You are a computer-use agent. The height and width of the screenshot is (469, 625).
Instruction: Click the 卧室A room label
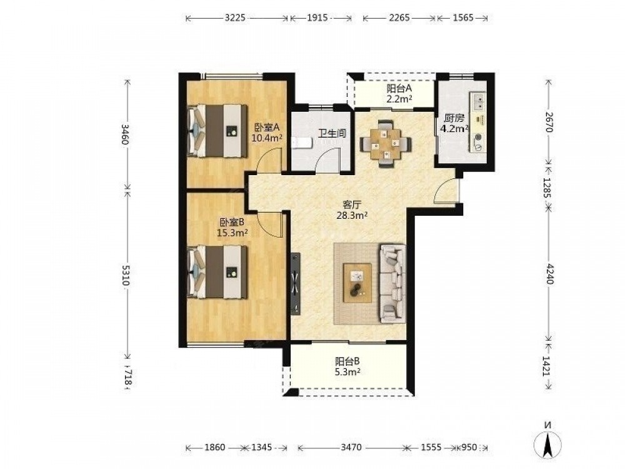[x=267, y=128]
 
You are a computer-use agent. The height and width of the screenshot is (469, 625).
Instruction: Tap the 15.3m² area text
[x=232, y=233]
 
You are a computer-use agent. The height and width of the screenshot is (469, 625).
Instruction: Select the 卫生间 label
[x=331, y=133]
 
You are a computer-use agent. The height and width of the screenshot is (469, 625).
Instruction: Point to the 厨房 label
[x=454, y=118]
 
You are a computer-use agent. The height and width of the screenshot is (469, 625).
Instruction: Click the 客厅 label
[x=352, y=205]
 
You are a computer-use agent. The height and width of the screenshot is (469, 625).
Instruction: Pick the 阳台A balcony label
[x=399, y=89]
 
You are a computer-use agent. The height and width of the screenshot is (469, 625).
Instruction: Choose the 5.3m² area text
[x=347, y=372]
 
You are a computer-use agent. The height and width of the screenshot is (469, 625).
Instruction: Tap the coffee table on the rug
[x=357, y=283]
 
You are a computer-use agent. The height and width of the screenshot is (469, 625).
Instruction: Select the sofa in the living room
[x=393, y=283]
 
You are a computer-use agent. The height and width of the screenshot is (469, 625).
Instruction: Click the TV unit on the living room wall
[x=296, y=285]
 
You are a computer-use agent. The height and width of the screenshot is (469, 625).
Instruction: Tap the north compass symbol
[x=548, y=442]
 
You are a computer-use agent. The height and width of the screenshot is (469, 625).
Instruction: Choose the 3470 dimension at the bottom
[x=351, y=448]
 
